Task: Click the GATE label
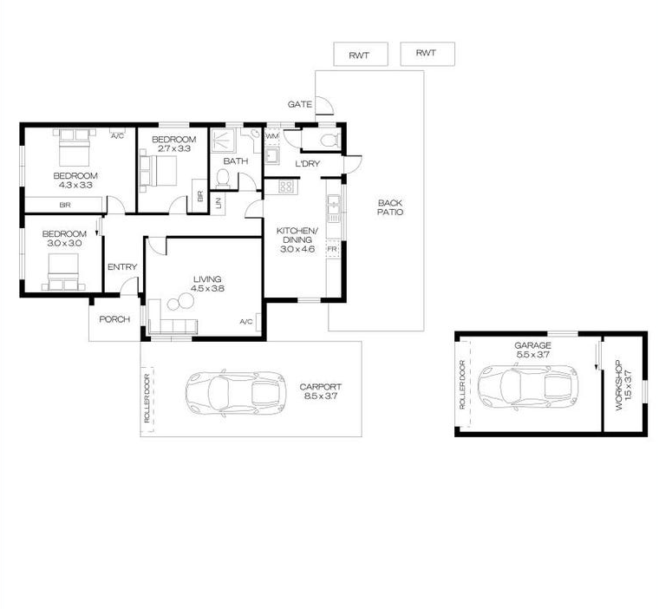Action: (x=300, y=104)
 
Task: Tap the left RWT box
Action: (x=361, y=54)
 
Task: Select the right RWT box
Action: (x=427, y=54)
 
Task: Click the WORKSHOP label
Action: (x=623, y=385)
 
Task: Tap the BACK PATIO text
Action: (x=390, y=207)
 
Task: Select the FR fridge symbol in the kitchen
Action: (x=332, y=249)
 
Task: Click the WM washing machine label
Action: (x=272, y=136)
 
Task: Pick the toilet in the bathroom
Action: (x=222, y=178)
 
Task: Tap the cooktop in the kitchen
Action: (x=287, y=187)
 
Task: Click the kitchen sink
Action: (x=333, y=207)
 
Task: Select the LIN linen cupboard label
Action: (x=219, y=204)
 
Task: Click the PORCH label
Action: (x=114, y=319)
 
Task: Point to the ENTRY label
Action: (x=122, y=267)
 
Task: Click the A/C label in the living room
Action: (x=246, y=322)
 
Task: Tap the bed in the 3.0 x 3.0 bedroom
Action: (x=63, y=272)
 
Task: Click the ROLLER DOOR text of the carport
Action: (x=147, y=398)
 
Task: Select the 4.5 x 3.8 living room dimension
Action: (x=207, y=289)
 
